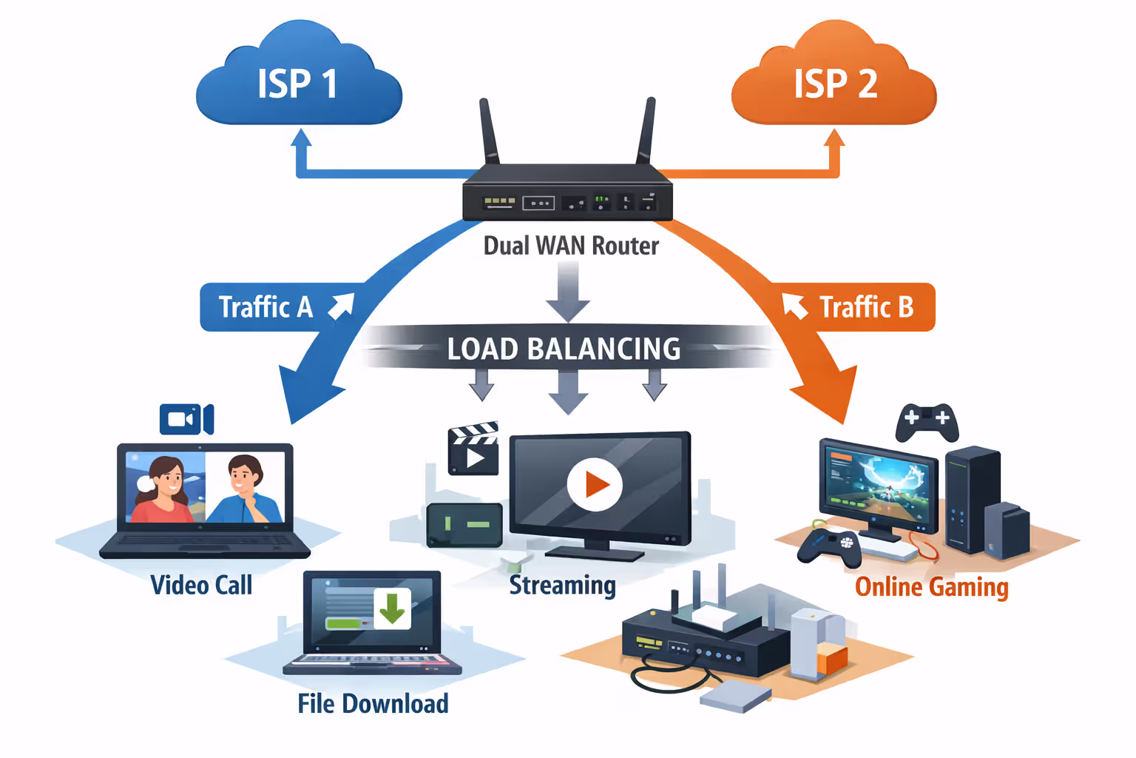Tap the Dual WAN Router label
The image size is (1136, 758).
click(570, 246)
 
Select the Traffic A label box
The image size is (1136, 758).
click(266, 307)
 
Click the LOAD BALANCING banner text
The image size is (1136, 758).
click(564, 349)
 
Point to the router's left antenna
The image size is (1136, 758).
click(490, 132)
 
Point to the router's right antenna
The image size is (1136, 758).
click(646, 132)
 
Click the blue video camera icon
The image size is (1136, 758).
click(186, 420)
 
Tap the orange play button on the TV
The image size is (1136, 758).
click(595, 485)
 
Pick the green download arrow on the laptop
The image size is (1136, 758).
click(392, 608)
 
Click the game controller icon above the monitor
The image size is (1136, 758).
click(927, 422)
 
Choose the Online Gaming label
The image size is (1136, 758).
click(931, 587)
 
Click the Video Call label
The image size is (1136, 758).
click(201, 585)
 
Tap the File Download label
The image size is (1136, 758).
click(373, 703)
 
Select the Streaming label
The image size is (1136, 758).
click(562, 585)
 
